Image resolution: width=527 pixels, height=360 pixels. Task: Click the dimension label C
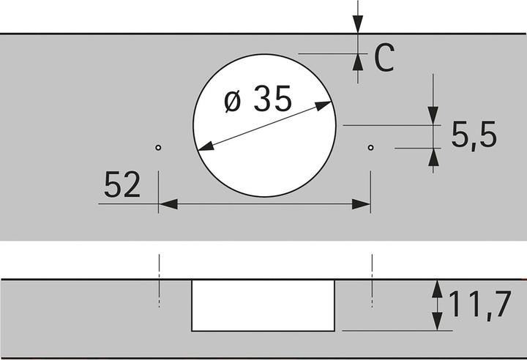point(384,58)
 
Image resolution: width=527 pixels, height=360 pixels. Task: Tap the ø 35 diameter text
point(258,99)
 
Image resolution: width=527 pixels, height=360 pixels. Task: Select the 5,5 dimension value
point(474,135)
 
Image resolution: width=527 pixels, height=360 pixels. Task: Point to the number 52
point(122,184)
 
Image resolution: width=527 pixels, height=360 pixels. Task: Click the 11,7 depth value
point(480,304)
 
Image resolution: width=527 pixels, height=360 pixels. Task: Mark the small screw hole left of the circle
point(158,147)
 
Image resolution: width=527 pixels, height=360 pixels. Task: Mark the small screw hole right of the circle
point(370,148)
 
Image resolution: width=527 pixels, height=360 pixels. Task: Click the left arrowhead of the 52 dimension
point(168,203)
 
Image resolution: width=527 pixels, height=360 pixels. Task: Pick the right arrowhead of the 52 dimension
point(361,203)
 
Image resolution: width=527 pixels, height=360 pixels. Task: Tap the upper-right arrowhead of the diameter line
point(324,105)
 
